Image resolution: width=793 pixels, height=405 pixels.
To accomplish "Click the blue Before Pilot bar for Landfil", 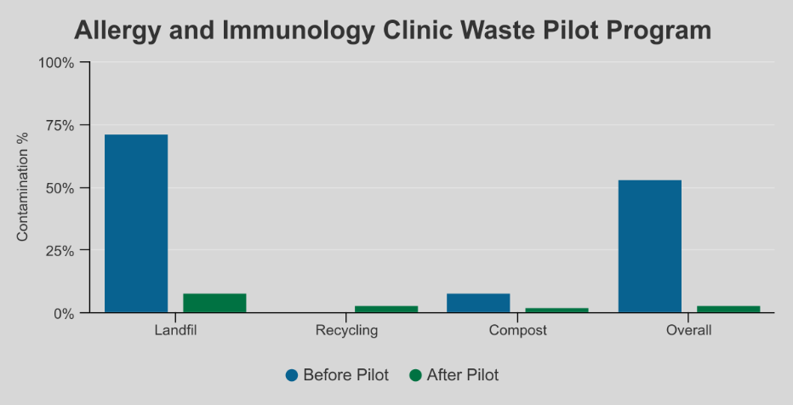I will click(x=136, y=224).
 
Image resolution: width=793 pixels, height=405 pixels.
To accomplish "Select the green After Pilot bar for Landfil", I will click(x=214, y=303).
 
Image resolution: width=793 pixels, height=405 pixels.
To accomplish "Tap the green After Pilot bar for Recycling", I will click(x=386, y=309).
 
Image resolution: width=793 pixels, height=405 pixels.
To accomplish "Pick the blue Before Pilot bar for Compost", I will click(x=478, y=303).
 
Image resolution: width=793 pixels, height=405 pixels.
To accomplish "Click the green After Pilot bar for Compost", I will click(x=556, y=310).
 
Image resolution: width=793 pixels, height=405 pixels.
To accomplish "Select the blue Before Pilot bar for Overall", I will click(x=650, y=247).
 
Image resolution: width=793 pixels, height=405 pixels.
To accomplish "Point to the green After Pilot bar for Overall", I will click(x=728, y=309).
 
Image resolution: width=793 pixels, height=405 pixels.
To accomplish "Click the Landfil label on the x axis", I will click(x=175, y=330).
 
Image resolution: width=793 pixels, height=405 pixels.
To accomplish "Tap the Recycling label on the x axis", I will click(x=346, y=330).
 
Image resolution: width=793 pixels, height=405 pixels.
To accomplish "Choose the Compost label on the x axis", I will click(x=517, y=330).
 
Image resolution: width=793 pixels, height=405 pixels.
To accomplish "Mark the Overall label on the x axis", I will click(x=688, y=330).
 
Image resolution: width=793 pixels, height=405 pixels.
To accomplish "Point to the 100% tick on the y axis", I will click(x=57, y=63).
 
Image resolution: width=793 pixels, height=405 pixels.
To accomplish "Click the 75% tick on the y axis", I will click(x=60, y=126).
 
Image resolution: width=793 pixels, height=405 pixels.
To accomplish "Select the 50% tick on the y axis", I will click(x=60, y=188).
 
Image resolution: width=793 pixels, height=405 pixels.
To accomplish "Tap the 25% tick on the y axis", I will click(x=60, y=251).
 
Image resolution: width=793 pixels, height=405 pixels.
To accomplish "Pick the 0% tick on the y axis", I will click(x=64, y=313).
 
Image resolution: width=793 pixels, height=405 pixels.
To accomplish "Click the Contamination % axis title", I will click(x=23, y=187).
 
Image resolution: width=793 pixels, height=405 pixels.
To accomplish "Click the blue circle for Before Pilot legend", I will click(x=292, y=375).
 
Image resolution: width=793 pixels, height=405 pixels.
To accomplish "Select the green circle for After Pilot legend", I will click(x=415, y=375).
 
